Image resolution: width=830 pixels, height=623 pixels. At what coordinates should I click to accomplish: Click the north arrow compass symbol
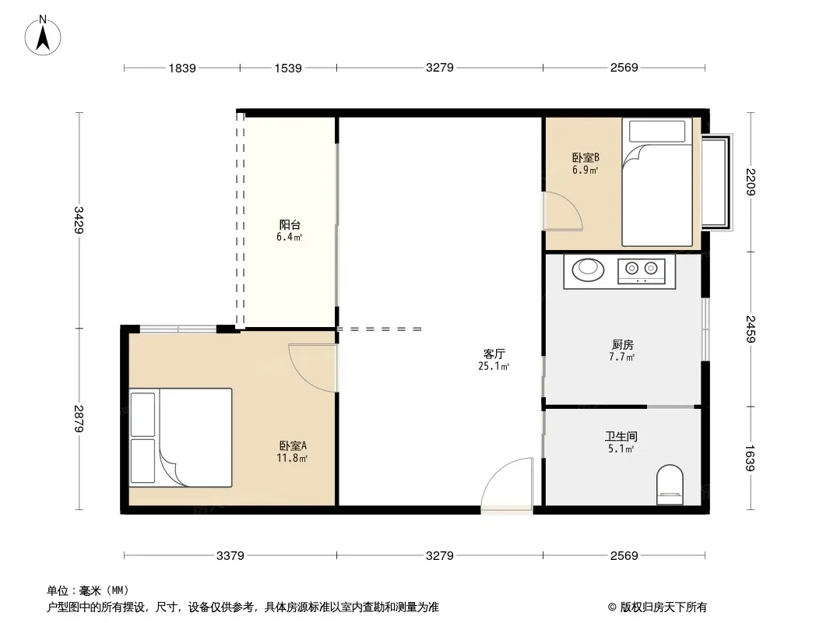pos(43,36)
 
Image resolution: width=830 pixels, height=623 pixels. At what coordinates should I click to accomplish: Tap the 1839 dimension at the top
pos(182,68)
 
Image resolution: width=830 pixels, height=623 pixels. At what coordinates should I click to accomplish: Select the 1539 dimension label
pos(288,68)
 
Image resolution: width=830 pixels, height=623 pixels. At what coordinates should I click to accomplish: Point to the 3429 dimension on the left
pos(79,220)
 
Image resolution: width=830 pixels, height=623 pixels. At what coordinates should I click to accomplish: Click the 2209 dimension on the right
pos(751,181)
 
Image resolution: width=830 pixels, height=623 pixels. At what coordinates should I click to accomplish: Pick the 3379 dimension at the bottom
pos(230,555)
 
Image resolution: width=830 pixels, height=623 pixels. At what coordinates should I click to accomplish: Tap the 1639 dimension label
pos(751,458)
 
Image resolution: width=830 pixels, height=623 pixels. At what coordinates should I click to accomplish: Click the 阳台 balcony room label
pos(290,225)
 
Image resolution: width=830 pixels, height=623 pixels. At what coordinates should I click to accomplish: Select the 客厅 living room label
pos(494,354)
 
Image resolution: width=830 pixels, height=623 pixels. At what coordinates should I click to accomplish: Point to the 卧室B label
pos(586,158)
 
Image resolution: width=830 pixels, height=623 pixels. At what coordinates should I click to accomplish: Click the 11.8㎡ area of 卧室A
pos(292,458)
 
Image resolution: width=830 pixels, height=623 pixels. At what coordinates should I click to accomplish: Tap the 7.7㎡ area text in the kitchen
pos(621,357)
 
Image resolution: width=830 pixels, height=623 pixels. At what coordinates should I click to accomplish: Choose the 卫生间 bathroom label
pos(621,437)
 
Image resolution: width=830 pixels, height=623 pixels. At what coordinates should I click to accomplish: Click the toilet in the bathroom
pos(670,485)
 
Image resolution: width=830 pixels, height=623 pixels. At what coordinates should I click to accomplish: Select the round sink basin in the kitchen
pos(588,269)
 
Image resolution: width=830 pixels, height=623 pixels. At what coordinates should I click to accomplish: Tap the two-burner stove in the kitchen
pos(641,270)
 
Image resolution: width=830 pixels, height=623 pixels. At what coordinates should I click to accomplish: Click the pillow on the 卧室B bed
pos(657,132)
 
